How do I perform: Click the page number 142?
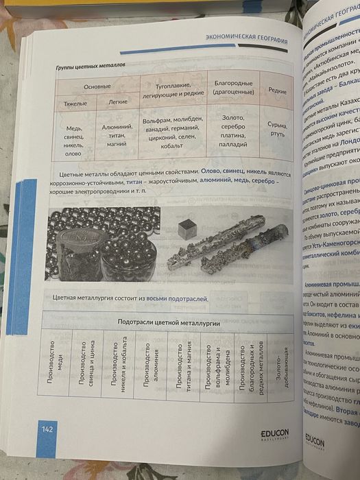coord(47,429)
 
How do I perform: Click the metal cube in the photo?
coord(187,229)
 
